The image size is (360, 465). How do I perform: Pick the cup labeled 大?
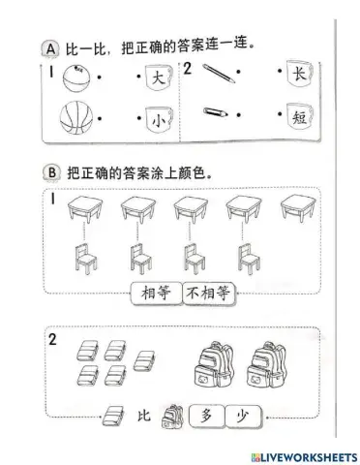point(154,76)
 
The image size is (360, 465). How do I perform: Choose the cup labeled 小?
point(154,120)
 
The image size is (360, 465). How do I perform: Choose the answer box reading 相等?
point(155,293)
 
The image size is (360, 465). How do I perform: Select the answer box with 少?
point(242,416)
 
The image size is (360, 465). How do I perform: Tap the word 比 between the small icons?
point(144,417)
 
